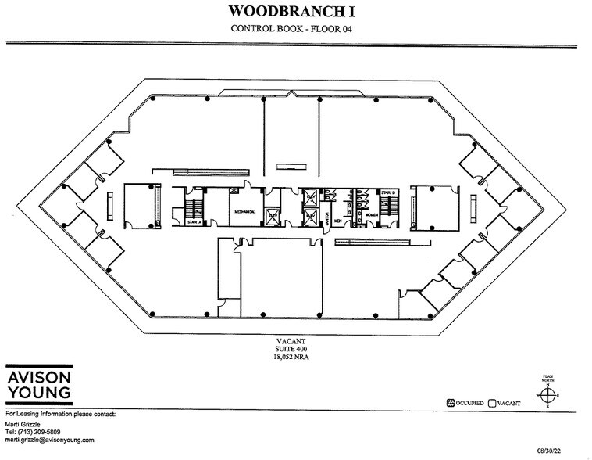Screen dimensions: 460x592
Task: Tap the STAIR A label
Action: click(194, 221)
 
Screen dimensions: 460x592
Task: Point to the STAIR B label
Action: click(387, 192)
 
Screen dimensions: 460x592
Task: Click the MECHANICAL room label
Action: click(244, 210)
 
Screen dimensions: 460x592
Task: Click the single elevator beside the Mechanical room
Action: click(272, 216)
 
